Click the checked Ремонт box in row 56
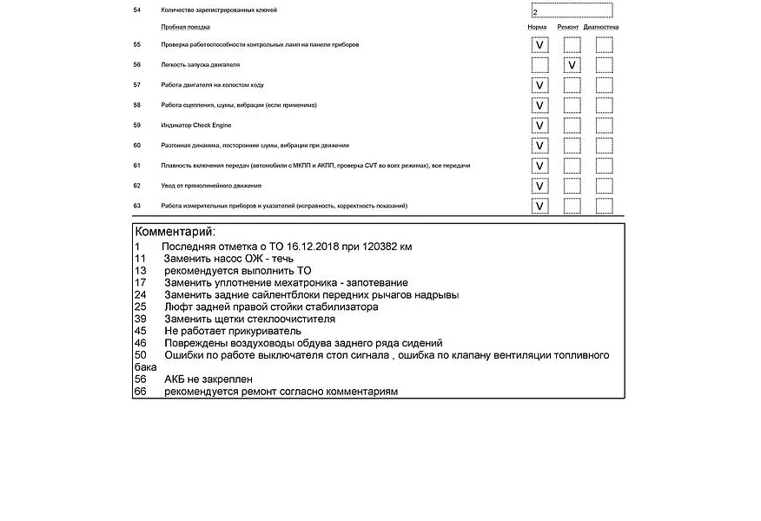(x=572, y=65)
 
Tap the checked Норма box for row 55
(x=539, y=45)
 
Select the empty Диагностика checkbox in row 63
(x=604, y=206)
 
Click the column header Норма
(x=537, y=27)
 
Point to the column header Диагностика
(x=600, y=27)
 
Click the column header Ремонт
(x=568, y=27)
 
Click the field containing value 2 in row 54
(x=571, y=11)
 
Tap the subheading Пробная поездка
(x=185, y=27)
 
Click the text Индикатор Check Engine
(x=195, y=125)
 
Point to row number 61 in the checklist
(x=136, y=165)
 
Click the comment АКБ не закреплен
(x=208, y=379)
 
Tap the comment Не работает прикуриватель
(x=232, y=331)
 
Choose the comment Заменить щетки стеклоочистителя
(x=249, y=319)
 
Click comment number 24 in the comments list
(x=139, y=294)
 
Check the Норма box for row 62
(x=539, y=186)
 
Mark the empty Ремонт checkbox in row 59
(x=572, y=125)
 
